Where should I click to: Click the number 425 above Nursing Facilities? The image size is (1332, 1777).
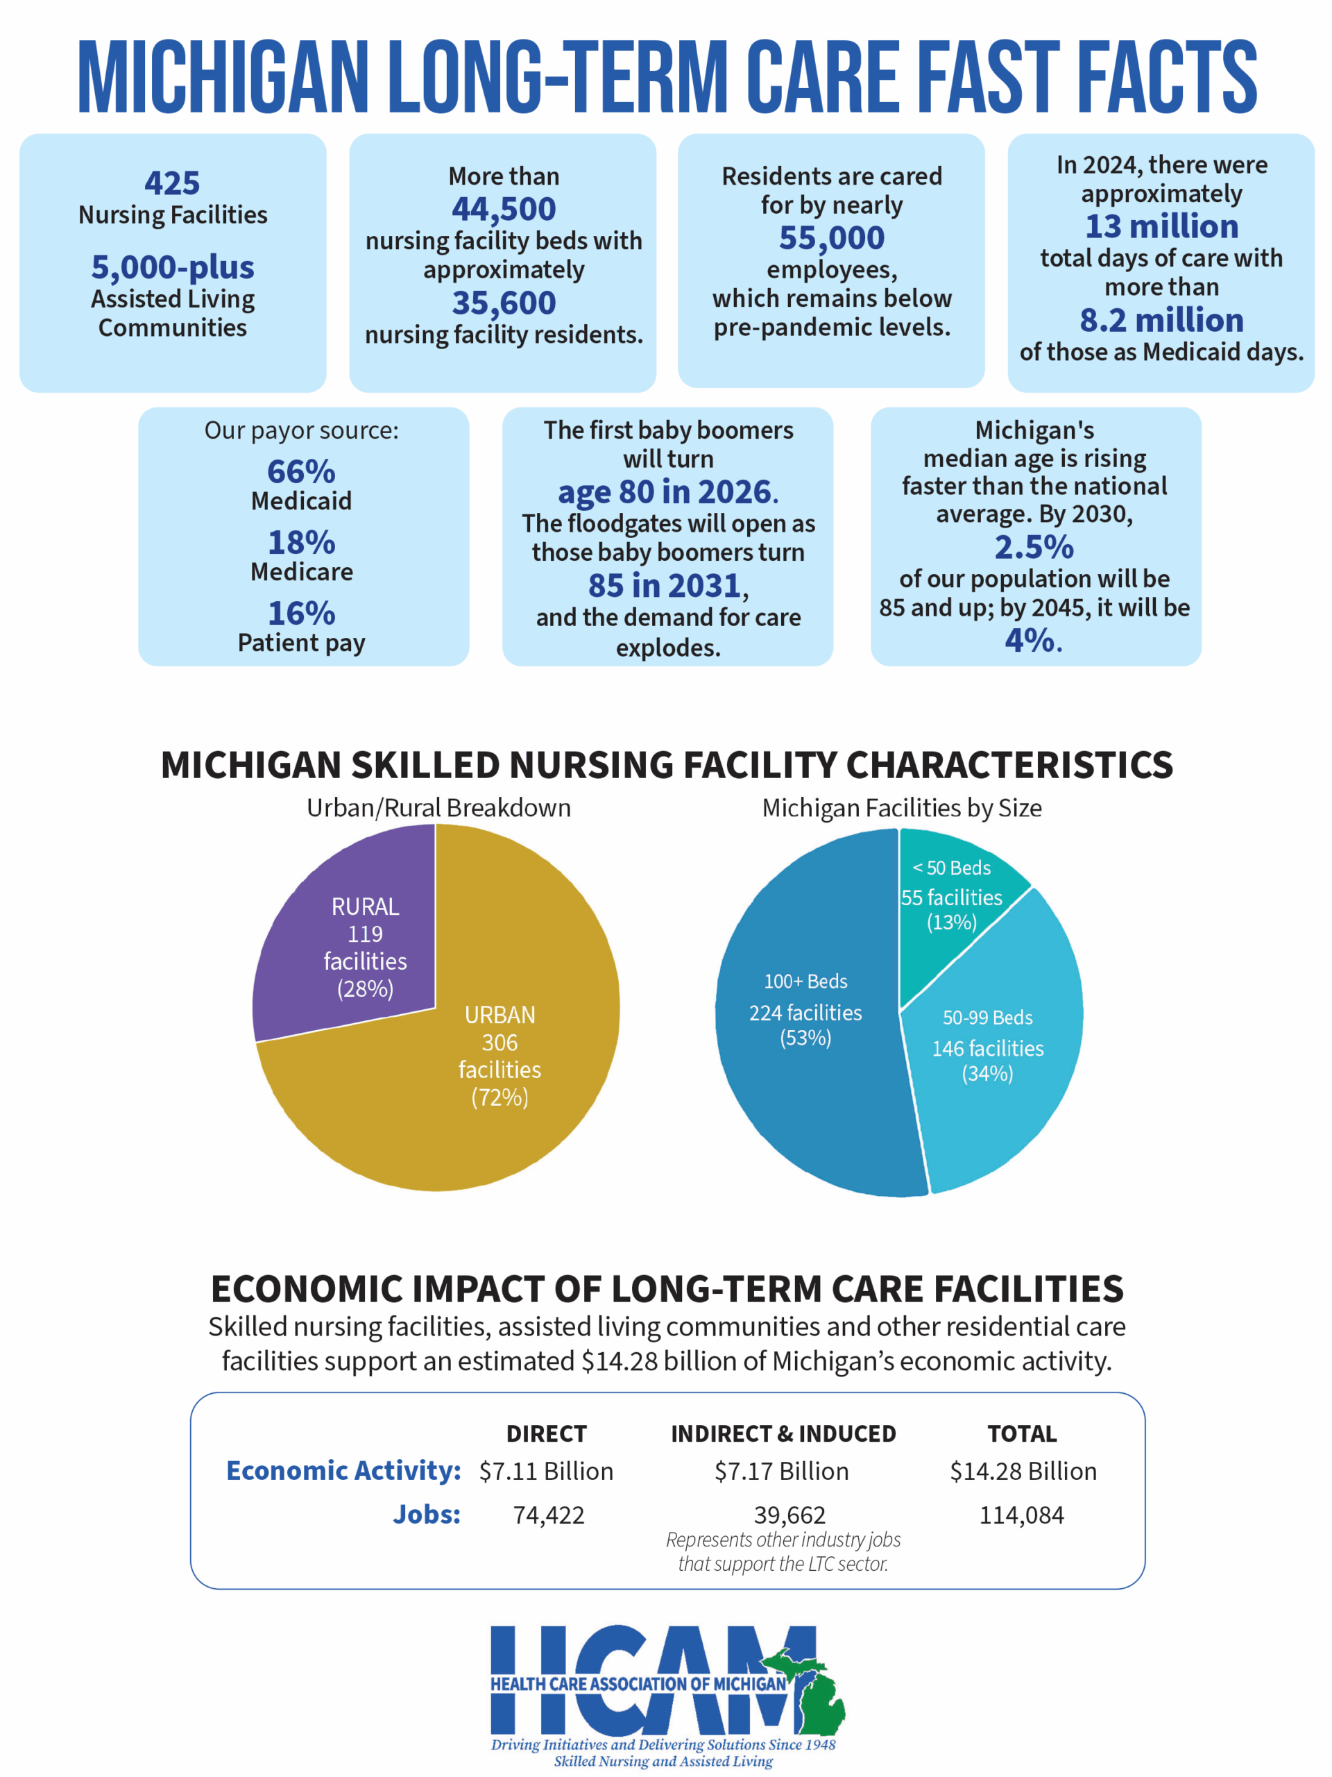[x=172, y=183]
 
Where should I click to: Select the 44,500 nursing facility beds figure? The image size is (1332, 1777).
[x=504, y=210]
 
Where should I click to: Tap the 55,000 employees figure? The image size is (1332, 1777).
[x=831, y=238]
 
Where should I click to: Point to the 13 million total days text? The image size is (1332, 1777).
[x=1161, y=226]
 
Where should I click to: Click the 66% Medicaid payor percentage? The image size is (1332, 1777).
[x=301, y=471]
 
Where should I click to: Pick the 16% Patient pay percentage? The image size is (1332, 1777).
[x=301, y=614]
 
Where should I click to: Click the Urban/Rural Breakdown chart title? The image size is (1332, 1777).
[x=438, y=807]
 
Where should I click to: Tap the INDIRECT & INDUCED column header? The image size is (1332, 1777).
[x=783, y=1433]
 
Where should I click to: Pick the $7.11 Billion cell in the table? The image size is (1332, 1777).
[x=546, y=1471]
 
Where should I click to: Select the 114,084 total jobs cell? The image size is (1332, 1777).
[x=1021, y=1515]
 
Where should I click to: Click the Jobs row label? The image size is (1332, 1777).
[x=427, y=1515]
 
